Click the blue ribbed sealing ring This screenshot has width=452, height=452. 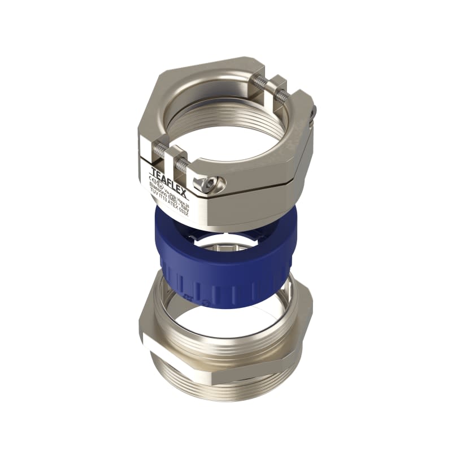226,271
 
